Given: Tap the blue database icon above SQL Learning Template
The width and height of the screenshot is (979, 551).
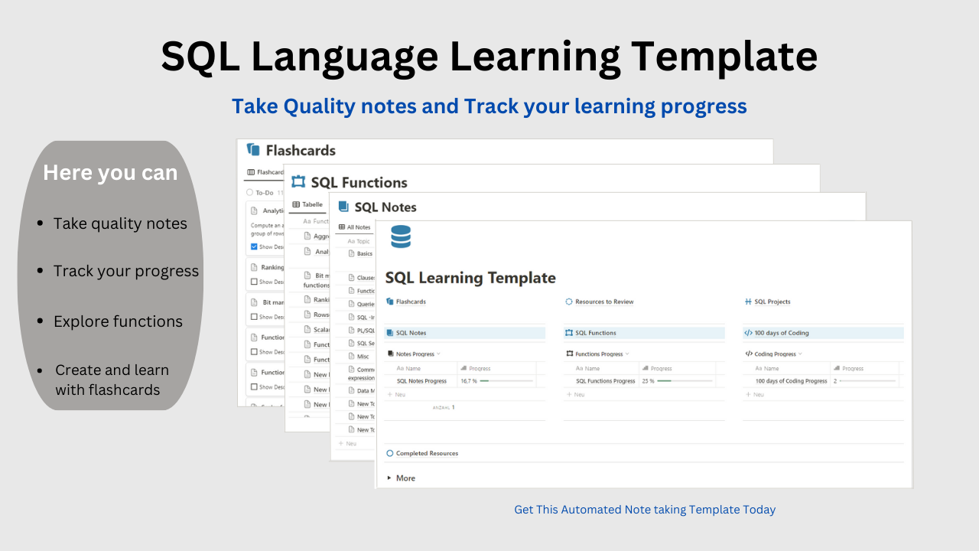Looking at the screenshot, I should (401, 236).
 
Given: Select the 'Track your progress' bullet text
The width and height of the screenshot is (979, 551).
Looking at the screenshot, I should (126, 271).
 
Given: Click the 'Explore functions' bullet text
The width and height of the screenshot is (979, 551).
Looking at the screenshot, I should (118, 321).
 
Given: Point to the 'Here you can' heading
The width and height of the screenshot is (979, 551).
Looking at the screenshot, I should (110, 173).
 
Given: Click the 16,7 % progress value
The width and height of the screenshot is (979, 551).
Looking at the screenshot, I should (469, 380).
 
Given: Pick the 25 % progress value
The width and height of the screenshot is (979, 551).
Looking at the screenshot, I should (648, 380).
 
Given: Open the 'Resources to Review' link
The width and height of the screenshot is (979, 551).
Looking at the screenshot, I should (604, 302).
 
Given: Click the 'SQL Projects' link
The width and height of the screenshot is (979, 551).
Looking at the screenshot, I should (772, 302).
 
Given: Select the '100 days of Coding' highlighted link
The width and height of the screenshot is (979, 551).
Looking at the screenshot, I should (781, 333).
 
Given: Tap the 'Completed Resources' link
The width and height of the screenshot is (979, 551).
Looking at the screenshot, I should (427, 453).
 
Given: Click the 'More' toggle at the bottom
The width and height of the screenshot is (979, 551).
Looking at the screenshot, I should (405, 478).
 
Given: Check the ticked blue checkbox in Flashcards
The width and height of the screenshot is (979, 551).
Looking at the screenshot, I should (255, 246).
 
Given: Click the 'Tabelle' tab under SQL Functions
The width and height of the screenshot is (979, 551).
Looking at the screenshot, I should (312, 204).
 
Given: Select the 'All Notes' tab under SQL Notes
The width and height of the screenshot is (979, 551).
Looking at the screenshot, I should (358, 227).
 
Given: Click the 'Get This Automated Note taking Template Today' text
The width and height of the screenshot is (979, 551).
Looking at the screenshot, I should (645, 510).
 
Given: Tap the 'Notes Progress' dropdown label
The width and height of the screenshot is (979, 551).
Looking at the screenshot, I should (415, 354).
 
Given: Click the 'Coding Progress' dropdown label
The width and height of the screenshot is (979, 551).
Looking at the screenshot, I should (775, 354).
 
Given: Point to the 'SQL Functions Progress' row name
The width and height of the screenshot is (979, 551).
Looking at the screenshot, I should (605, 380).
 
